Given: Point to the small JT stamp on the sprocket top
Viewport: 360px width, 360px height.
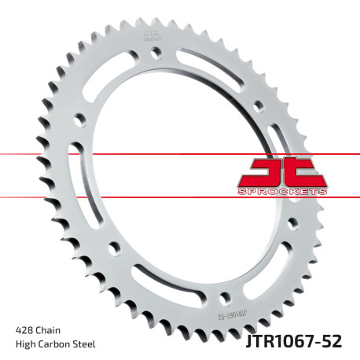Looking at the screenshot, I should point(150,34).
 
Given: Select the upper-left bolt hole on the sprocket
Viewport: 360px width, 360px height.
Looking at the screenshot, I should point(79,119).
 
